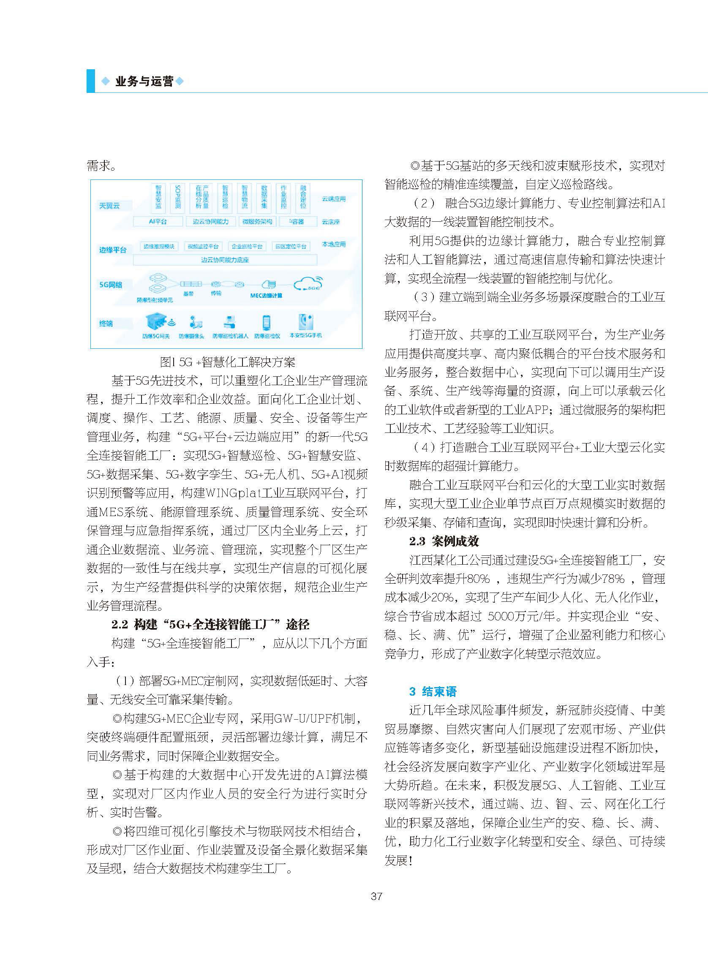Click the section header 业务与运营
pos(144,82)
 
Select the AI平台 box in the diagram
pos(157,222)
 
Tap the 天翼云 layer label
pos(109,206)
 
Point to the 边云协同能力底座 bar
pos(225,260)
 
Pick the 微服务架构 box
pos(257,222)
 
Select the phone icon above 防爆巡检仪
pos(267,323)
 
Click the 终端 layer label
pos(106,323)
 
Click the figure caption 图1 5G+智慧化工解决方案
pos(227,362)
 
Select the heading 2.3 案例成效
pos(444,541)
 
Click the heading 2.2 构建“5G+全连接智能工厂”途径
pos(210,624)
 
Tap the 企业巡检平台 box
pos(247,246)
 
